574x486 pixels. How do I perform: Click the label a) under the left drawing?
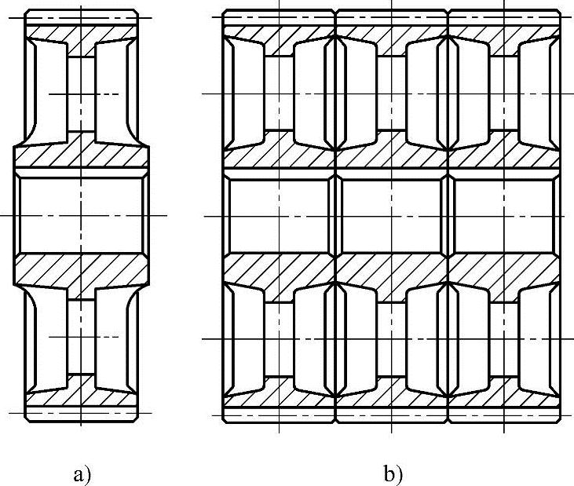82,474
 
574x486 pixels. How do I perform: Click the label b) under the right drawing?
393,474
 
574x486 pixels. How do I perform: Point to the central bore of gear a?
81,214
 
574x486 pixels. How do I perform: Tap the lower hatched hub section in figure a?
81,271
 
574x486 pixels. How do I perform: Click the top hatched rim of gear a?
81,35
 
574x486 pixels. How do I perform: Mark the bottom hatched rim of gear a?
81,393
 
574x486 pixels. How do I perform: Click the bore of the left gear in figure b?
279,214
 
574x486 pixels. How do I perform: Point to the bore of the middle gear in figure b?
392,214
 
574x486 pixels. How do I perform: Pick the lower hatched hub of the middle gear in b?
392,272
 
